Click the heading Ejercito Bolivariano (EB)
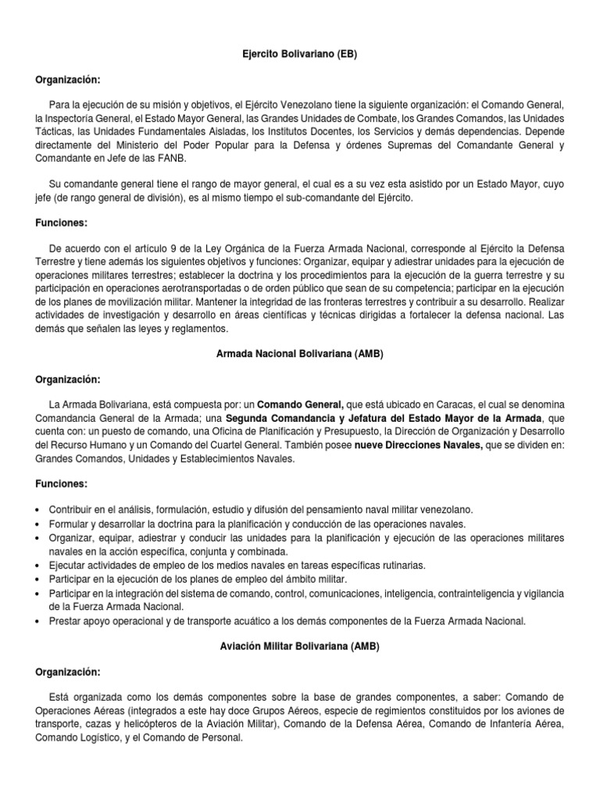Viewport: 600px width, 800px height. click(x=300, y=56)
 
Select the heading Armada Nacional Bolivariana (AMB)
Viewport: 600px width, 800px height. click(x=299, y=354)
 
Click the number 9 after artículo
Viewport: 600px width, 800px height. click(x=167, y=247)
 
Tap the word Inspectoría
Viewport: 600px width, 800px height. click(x=78, y=117)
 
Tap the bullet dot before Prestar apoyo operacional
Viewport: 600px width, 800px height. click(x=39, y=622)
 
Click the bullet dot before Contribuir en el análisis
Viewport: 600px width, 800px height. click(x=39, y=509)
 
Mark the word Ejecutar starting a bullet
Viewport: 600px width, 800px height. click(x=70, y=565)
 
